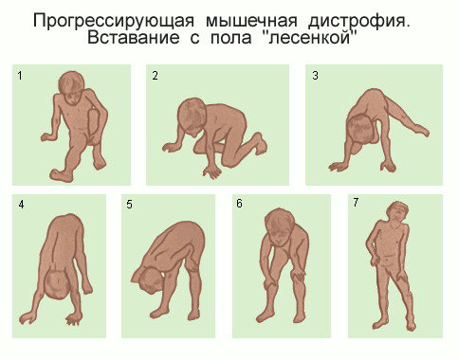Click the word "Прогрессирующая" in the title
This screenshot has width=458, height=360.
(114, 21)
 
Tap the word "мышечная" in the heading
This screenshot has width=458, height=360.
(252, 21)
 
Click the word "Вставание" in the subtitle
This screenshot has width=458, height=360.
(134, 38)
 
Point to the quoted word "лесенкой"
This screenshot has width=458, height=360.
(310, 38)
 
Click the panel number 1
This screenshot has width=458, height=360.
(20, 76)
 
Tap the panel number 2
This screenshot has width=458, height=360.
(155, 76)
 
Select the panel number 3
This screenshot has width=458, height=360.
(315, 76)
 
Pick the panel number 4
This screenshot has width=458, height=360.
(21, 205)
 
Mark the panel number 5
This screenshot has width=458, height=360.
(129, 205)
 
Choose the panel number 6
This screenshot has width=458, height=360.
(239, 204)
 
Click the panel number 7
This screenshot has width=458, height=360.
(356, 202)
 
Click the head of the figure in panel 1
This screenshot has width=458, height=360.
(71, 87)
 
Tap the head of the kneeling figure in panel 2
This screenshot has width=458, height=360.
(192, 115)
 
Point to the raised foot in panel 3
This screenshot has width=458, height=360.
(421, 130)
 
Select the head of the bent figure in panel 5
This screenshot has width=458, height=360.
(149, 279)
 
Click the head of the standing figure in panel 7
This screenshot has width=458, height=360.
(398, 211)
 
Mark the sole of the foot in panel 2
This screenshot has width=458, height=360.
(260, 144)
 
